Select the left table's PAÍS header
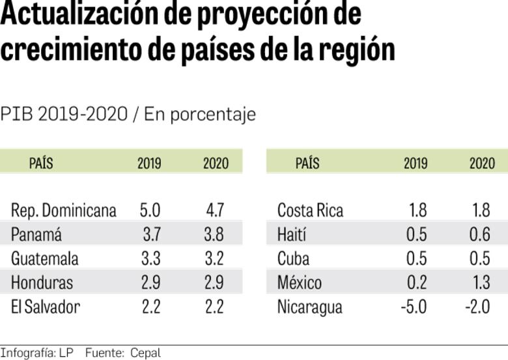(x=41, y=163)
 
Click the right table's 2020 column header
(x=482, y=163)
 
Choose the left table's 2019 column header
(x=149, y=163)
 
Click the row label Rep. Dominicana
(x=64, y=210)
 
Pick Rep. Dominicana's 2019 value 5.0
(x=150, y=210)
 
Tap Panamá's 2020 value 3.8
(x=214, y=234)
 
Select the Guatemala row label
(x=45, y=258)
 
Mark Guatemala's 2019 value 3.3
(x=150, y=258)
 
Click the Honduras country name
(x=42, y=283)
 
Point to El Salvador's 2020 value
(x=214, y=307)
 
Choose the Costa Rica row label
(x=310, y=210)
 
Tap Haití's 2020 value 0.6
(x=479, y=234)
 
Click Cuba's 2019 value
(x=416, y=258)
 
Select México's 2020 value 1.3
(x=479, y=283)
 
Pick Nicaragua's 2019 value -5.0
(x=414, y=307)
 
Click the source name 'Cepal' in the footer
(x=145, y=353)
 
